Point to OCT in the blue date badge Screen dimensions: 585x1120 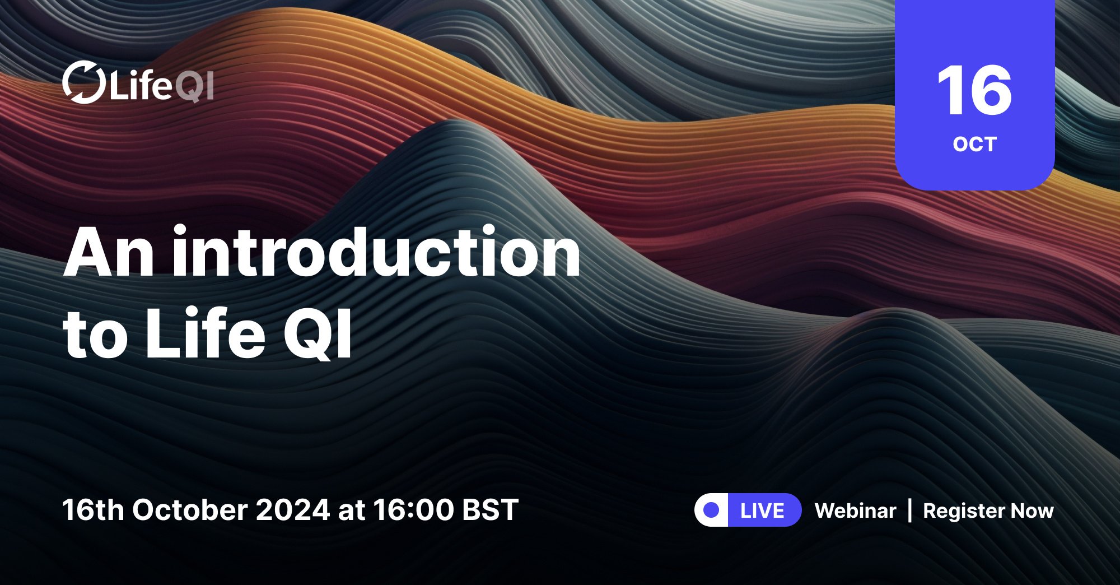pyautogui.click(x=974, y=145)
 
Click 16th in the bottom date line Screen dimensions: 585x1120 pyautogui.click(x=93, y=510)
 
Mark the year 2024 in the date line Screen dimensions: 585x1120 pyautogui.click(x=293, y=510)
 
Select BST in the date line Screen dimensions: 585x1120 pyautogui.click(x=491, y=510)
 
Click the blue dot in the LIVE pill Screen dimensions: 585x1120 pyautogui.click(x=712, y=510)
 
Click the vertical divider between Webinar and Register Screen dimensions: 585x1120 pyautogui.click(x=909, y=510)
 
